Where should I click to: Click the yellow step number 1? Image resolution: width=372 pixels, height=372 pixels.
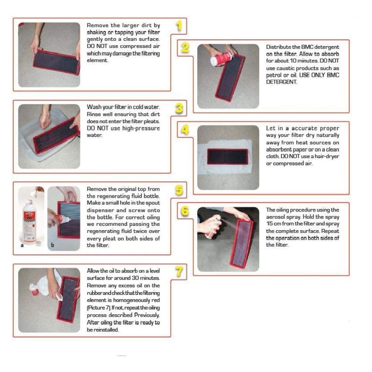(179, 26)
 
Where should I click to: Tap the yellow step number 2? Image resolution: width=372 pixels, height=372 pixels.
(185, 47)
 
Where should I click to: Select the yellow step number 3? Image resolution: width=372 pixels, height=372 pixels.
(179, 108)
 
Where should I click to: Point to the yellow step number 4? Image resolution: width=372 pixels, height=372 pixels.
(185, 130)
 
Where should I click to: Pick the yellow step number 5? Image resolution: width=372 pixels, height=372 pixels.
(179, 190)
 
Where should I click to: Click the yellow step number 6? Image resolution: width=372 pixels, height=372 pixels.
(185, 211)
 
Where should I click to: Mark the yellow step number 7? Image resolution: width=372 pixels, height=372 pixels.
(179, 272)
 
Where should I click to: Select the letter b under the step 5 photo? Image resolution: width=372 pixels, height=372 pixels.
(53, 245)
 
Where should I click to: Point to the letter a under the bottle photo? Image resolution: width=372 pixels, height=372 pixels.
(22, 246)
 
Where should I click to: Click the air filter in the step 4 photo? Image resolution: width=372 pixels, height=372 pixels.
(227, 157)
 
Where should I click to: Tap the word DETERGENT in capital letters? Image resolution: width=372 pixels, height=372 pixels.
(281, 82)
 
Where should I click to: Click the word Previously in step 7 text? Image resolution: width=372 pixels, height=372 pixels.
(147, 315)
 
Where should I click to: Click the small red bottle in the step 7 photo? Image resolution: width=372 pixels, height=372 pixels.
(33, 290)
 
